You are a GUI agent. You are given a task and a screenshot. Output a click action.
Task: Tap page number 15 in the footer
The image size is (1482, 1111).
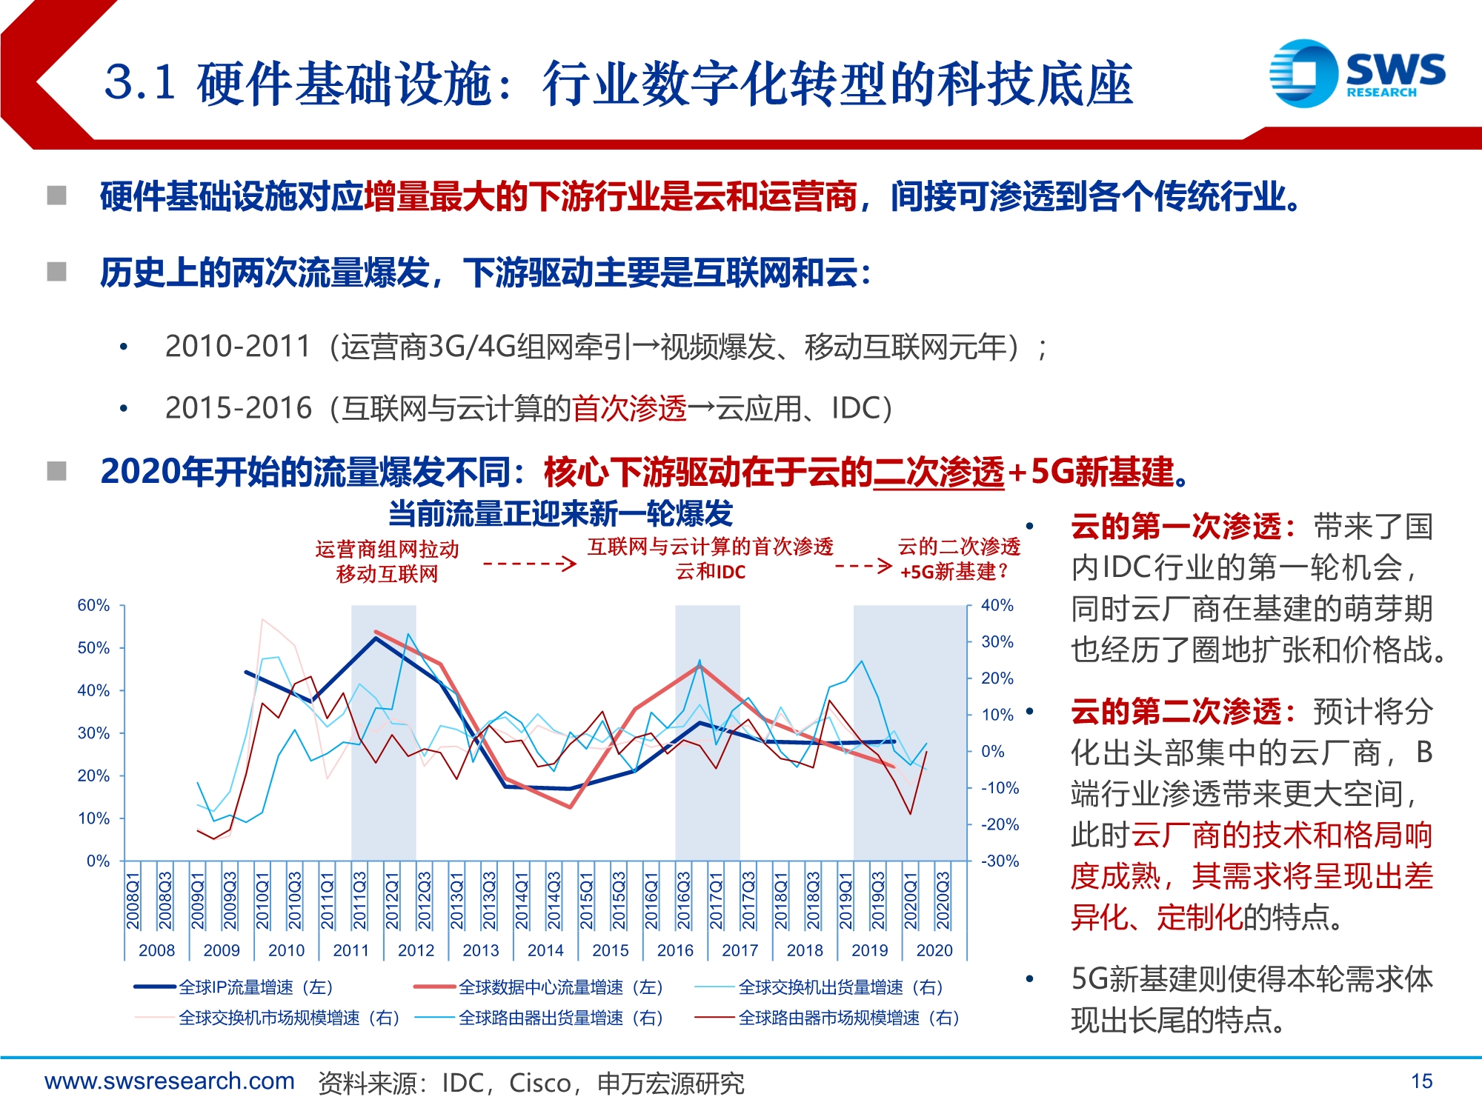(1421, 1081)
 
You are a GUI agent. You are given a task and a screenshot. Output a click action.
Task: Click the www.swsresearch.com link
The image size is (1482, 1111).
(170, 1081)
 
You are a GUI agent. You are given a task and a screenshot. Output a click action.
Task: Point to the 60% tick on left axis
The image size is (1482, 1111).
(93, 606)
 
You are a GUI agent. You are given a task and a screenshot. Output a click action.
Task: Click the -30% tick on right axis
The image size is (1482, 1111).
(1000, 861)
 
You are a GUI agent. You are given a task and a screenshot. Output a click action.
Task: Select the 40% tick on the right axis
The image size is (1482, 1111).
(997, 606)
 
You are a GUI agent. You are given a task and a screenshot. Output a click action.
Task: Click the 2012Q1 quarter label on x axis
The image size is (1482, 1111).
(392, 900)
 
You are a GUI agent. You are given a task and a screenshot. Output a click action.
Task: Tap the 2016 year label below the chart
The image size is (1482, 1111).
(675, 950)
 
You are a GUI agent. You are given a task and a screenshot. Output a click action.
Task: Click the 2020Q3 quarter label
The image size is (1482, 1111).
(943, 900)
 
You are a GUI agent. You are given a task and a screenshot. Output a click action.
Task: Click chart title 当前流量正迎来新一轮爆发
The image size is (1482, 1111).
(560, 514)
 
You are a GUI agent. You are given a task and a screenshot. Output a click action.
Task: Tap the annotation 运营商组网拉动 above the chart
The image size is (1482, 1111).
(387, 550)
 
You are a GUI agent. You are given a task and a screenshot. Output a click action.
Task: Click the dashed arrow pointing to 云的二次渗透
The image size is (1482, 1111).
(863, 567)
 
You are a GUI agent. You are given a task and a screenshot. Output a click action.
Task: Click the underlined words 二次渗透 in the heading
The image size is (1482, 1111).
(938, 472)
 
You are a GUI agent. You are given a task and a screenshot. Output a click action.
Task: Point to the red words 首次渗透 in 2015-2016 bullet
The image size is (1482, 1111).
(629, 408)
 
